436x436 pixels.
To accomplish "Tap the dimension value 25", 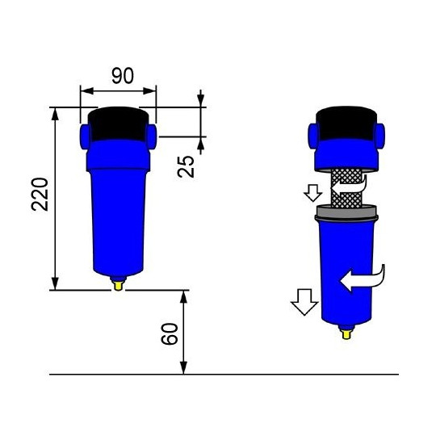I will pyautogui.click(x=187, y=166).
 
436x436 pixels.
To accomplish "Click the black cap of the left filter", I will pyautogui.click(x=118, y=123).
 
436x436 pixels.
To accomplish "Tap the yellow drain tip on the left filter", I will pyautogui.click(x=119, y=283).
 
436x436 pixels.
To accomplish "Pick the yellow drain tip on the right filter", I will pyautogui.click(x=348, y=329).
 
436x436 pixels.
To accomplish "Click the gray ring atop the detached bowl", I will pyautogui.click(x=348, y=213).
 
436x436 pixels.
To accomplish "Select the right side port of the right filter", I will pyautogui.click(x=381, y=133).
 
